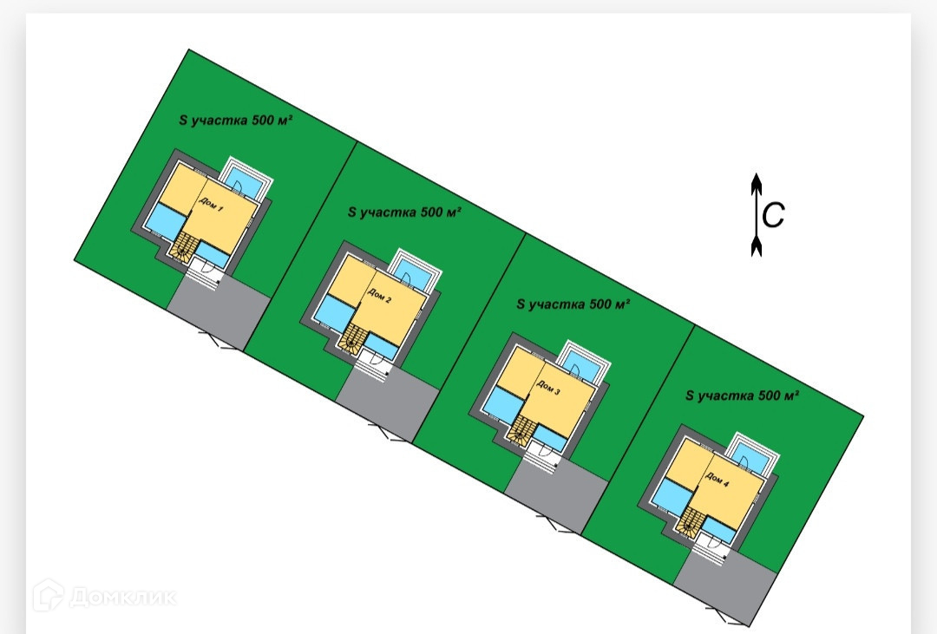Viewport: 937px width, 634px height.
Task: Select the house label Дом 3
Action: (549, 391)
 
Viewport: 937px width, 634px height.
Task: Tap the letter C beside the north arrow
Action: (773, 214)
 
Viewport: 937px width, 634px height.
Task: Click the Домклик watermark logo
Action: (104, 597)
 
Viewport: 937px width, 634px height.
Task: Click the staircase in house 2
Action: (352, 338)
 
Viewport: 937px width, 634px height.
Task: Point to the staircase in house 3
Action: (521, 429)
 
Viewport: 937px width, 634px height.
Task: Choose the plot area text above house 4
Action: (742, 395)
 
